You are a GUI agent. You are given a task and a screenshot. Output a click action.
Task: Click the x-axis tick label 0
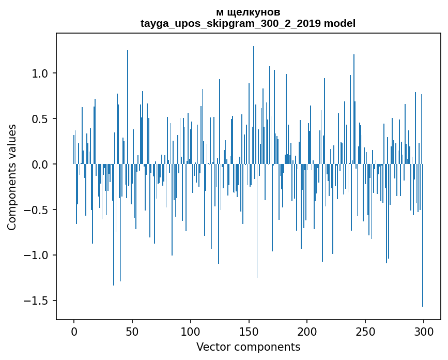[x=74, y=331]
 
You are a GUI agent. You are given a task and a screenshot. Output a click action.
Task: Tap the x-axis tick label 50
[x=132, y=331]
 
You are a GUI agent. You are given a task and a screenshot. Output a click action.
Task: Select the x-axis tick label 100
[x=191, y=331]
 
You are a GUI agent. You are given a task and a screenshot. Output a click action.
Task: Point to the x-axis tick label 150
[x=249, y=331]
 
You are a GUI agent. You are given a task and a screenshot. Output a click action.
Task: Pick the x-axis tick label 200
[x=307, y=331]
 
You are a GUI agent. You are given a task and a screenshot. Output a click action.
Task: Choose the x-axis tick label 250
[x=365, y=331]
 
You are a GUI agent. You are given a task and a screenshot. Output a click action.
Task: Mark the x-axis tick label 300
[x=424, y=331]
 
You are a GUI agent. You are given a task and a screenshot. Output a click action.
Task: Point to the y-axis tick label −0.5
[x=38, y=210]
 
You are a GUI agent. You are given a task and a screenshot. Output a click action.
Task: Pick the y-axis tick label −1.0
[x=38, y=256]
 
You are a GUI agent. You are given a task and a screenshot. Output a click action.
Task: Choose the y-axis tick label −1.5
[x=38, y=301]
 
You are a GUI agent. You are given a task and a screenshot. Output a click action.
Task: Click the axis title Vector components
[x=248, y=347]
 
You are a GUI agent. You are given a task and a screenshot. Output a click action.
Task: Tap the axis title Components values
[x=12, y=177]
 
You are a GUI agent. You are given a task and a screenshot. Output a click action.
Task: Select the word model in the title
[x=339, y=23]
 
